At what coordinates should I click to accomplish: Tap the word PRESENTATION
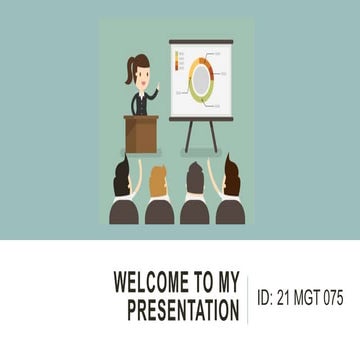pos(183,311)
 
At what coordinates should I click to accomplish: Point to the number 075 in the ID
pos(329,298)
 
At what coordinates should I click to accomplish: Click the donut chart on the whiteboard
pos(202,79)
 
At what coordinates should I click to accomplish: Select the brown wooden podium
pos(141,133)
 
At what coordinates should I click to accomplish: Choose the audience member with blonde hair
pos(158,183)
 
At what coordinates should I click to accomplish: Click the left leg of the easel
pos(188,136)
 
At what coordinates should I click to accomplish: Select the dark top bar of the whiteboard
pos(201,42)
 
